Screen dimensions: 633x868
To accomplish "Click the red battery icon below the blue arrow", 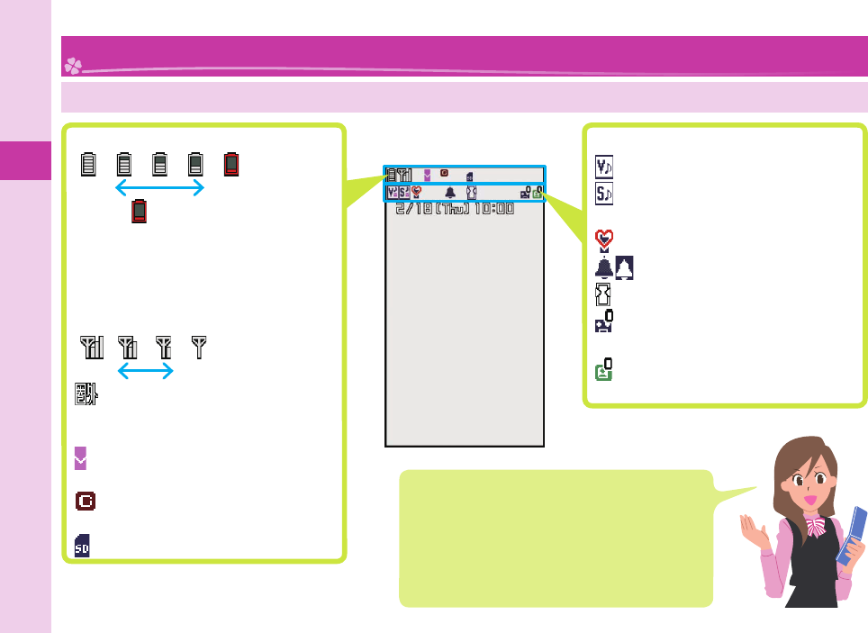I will pos(139,212).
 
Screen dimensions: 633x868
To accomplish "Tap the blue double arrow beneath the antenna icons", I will pos(146,371).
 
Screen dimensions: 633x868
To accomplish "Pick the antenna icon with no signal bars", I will pos(199,346).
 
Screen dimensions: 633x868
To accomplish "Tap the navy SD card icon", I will pos(82,545).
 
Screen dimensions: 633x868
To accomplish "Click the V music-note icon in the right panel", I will pos(603,167).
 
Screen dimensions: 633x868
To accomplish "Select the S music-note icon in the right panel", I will pos(603,192).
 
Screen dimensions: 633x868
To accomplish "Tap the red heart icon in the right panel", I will pos(604,239).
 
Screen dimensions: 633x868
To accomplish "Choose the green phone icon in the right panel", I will pos(604,369).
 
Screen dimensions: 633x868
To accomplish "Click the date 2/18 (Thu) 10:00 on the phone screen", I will pos(455,208).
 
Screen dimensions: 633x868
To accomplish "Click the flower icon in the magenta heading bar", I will pos(72,65).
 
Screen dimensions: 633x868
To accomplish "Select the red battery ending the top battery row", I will pos(231,164).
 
